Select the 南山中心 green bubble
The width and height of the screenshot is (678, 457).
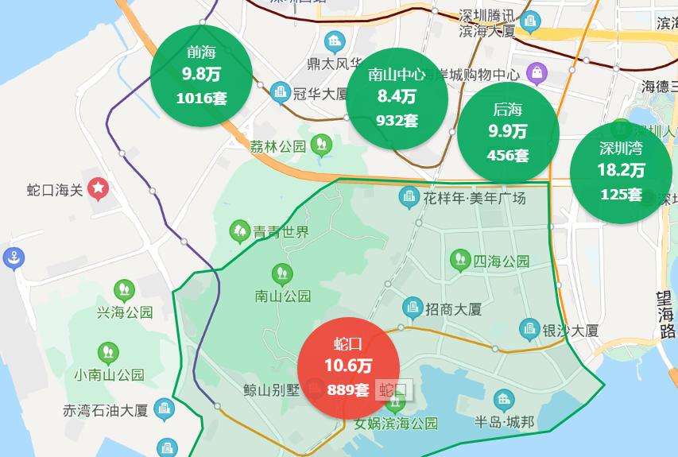coord(397,98)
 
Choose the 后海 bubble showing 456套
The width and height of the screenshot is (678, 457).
coord(508,132)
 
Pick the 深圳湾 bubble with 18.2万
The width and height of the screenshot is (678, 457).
coord(621,171)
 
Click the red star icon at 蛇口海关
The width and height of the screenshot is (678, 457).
coord(98,188)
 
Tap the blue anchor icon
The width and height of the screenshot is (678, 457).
coord(14,258)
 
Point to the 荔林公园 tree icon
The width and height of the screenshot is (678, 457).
coord(321,144)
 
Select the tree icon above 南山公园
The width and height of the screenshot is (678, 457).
coord(281,274)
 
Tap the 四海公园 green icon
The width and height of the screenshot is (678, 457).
coord(459,259)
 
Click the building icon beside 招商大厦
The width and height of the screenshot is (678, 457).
coord(412,307)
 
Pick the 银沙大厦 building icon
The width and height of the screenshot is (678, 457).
coord(529,328)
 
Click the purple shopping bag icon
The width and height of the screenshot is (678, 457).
coord(537,74)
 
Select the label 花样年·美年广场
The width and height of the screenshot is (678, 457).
coord(475,197)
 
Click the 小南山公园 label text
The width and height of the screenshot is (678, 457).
coord(109,374)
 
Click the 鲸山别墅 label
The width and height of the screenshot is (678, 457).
coord(271,389)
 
